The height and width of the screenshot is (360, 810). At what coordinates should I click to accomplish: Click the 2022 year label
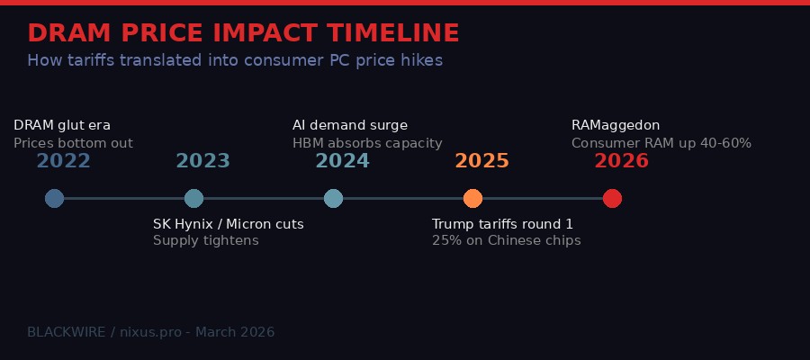click(63, 161)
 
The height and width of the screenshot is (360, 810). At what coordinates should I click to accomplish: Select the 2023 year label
click(202, 161)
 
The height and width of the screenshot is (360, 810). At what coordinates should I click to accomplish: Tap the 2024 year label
click(342, 161)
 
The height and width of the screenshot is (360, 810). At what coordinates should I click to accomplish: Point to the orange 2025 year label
click(481, 161)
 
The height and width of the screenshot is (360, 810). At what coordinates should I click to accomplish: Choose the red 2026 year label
click(621, 161)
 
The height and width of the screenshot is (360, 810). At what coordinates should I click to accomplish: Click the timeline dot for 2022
click(54, 198)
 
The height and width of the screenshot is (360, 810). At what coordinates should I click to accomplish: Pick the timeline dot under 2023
click(193, 198)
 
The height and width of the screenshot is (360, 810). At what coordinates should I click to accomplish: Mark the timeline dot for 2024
click(333, 198)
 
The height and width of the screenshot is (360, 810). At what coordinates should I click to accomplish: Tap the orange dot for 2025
click(472, 198)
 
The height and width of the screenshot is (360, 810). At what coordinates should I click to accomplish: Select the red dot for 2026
click(612, 198)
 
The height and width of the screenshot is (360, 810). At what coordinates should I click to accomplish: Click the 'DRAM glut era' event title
click(62, 125)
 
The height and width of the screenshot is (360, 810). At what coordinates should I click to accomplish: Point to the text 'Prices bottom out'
click(73, 143)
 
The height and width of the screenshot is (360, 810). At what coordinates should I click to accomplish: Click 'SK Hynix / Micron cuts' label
click(229, 224)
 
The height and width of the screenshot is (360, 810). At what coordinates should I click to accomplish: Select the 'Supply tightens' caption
click(205, 240)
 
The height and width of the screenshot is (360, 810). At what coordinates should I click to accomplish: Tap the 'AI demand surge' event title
click(350, 125)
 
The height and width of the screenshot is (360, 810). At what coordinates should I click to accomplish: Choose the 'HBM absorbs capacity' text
click(367, 143)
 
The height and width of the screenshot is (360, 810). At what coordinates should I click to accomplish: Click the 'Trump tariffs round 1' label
click(502, 224)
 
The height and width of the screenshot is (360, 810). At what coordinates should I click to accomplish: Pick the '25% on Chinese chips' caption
click(506, 240)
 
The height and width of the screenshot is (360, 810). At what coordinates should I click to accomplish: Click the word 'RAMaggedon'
click(616, 125)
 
